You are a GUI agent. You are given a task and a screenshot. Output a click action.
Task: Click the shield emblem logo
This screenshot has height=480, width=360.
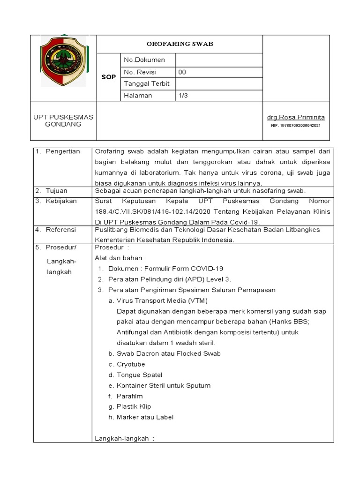(63, 62)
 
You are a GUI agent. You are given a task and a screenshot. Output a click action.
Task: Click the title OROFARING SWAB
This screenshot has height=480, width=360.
(180, 44)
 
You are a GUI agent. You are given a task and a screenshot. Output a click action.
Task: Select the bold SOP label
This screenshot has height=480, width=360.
(108, 77)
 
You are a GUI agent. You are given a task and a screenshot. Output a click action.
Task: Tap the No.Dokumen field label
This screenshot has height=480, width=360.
(144, 60)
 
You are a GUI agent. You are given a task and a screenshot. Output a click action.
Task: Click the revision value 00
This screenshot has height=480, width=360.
(182, 72)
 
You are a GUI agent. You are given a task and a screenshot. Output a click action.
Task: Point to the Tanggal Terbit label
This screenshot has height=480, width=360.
(146, 83)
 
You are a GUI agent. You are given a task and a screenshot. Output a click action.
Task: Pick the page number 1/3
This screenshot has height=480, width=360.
(183, 95)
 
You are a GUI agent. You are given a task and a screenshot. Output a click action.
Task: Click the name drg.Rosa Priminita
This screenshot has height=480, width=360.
(296, 117)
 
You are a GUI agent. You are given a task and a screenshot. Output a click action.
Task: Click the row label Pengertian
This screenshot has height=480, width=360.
(63, 151)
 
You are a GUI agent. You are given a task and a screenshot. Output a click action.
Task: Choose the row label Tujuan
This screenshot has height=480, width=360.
(57, 191)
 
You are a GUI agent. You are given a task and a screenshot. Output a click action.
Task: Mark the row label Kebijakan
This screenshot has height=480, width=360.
(60, 201)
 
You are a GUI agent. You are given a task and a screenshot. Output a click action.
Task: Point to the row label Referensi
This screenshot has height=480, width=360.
(61, 230)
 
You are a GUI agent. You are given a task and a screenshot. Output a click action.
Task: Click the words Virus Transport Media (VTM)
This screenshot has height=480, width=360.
(162, 300)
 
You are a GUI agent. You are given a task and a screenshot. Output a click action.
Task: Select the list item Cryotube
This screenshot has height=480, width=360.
(131, 364)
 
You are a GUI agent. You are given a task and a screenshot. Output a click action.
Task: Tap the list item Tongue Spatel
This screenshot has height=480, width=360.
(139, 375)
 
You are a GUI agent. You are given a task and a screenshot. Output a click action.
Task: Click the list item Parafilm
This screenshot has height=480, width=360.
(129, 396)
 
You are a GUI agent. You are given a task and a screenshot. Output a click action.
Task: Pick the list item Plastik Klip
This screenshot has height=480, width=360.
(134, 406)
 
